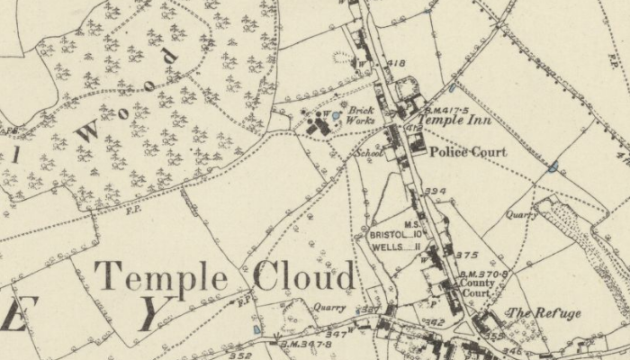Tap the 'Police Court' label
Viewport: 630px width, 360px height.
467,152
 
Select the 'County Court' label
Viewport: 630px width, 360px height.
475,288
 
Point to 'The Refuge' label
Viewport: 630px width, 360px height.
544,313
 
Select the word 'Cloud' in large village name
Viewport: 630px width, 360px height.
304,276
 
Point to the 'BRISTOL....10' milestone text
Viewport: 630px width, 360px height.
394,235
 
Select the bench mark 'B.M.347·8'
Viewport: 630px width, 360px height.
307,342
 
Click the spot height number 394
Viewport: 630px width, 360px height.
436,192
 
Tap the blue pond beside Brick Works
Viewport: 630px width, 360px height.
335,116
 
